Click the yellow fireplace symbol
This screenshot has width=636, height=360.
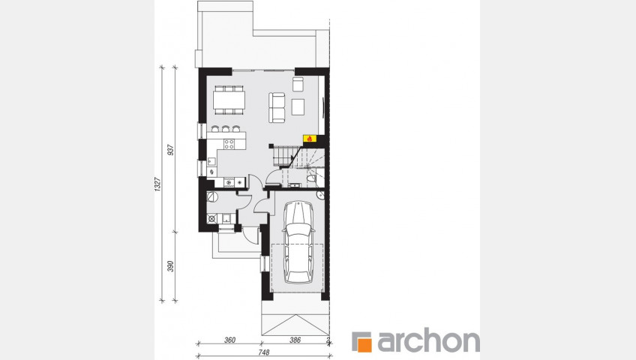(309, 138)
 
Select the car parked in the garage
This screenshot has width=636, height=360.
(298, 242)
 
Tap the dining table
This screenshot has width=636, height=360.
(229, 100)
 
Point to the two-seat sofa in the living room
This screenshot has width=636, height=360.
(277, 107)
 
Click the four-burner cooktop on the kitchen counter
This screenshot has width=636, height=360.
(229, 143)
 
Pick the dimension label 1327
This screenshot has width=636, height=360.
(158, 184)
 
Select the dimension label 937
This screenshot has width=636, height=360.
(171, 150)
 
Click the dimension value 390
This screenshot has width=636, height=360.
(171, 266)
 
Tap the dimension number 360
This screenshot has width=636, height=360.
(229, 340)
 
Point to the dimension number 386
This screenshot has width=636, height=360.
(295, 340)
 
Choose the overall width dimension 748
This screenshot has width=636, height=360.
(264, 352)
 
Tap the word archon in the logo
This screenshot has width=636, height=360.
(428, 342)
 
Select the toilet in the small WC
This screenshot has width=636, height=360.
(311, 178)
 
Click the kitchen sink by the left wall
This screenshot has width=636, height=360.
(211, 162)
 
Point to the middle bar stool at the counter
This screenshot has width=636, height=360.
(225, 129)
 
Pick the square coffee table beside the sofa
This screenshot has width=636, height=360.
(298, 106)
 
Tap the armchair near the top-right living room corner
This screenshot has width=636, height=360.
(298, 84)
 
